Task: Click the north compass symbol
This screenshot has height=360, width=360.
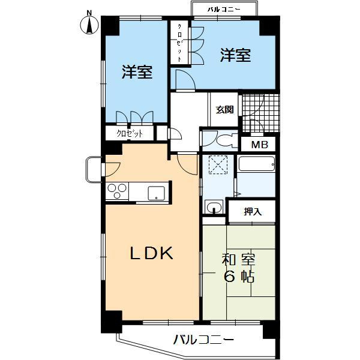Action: [89, 23]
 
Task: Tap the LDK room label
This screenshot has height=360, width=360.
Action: [152, 254]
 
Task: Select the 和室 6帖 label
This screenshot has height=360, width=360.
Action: [238, 268]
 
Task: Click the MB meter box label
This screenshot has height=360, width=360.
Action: [259, 145]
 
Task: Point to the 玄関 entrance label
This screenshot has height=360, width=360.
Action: [225, 109]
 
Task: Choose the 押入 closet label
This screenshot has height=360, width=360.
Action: [252, 211]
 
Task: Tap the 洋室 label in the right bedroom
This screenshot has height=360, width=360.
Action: [235, 55]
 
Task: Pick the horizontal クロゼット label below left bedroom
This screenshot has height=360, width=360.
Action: [130, 133]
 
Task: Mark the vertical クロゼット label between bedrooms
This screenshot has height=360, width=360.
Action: [179, 42]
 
